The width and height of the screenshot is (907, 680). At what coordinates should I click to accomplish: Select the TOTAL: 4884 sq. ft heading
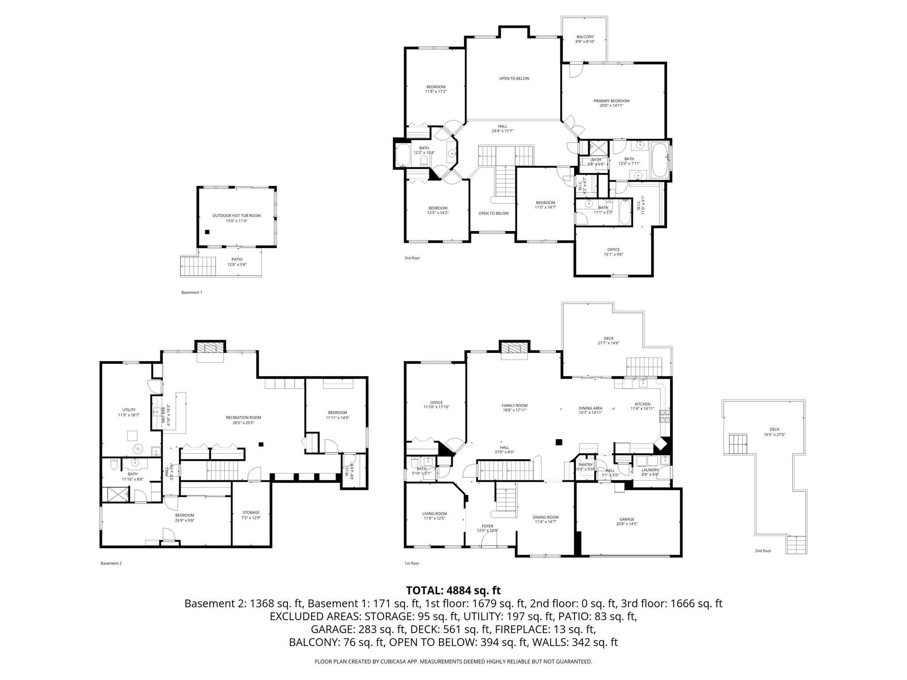click(453, 590)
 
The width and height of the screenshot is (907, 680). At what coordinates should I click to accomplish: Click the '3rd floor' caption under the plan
click(412, 258)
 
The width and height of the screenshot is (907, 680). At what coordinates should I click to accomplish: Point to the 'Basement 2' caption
click(111, 563)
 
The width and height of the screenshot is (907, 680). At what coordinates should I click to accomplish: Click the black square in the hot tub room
click(207, 232)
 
